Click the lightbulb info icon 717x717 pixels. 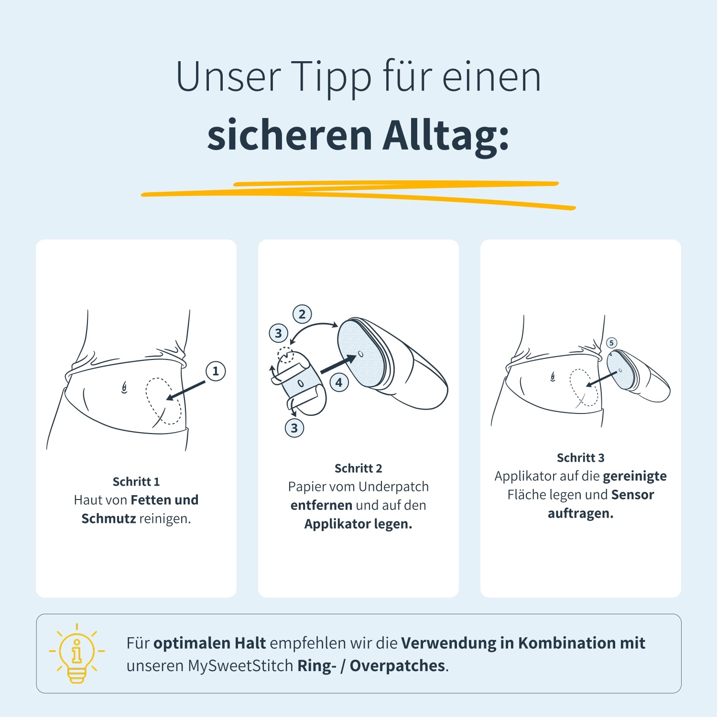pyautogui.click(x=76, y=653)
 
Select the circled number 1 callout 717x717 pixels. pyautogui.click(x=216, y=371)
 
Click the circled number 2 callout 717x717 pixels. pyautogui.click(x=302, y=314)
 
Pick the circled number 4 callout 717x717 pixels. pyautogui.click(x=339, y=382)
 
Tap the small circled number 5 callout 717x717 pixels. pyautogui.click(x=611, y=343)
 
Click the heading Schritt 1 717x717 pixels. pyautogui.click(x=136, y=481)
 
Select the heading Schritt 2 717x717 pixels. pyautogui.click(x=358, y=468)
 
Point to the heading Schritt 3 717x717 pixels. pyautogui.click(x=581, y=457)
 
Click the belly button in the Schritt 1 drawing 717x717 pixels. pyautogui.click(x=124, y=388)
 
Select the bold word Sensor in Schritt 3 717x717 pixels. pyautogui.click(x=632, y=495)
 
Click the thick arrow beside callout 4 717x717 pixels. pyautogui.click(x=338, y=364)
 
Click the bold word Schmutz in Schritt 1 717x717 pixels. pyautogui.click(x=109, y=519)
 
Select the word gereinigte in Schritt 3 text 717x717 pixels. pyautogui.click(x=635, y=477)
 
